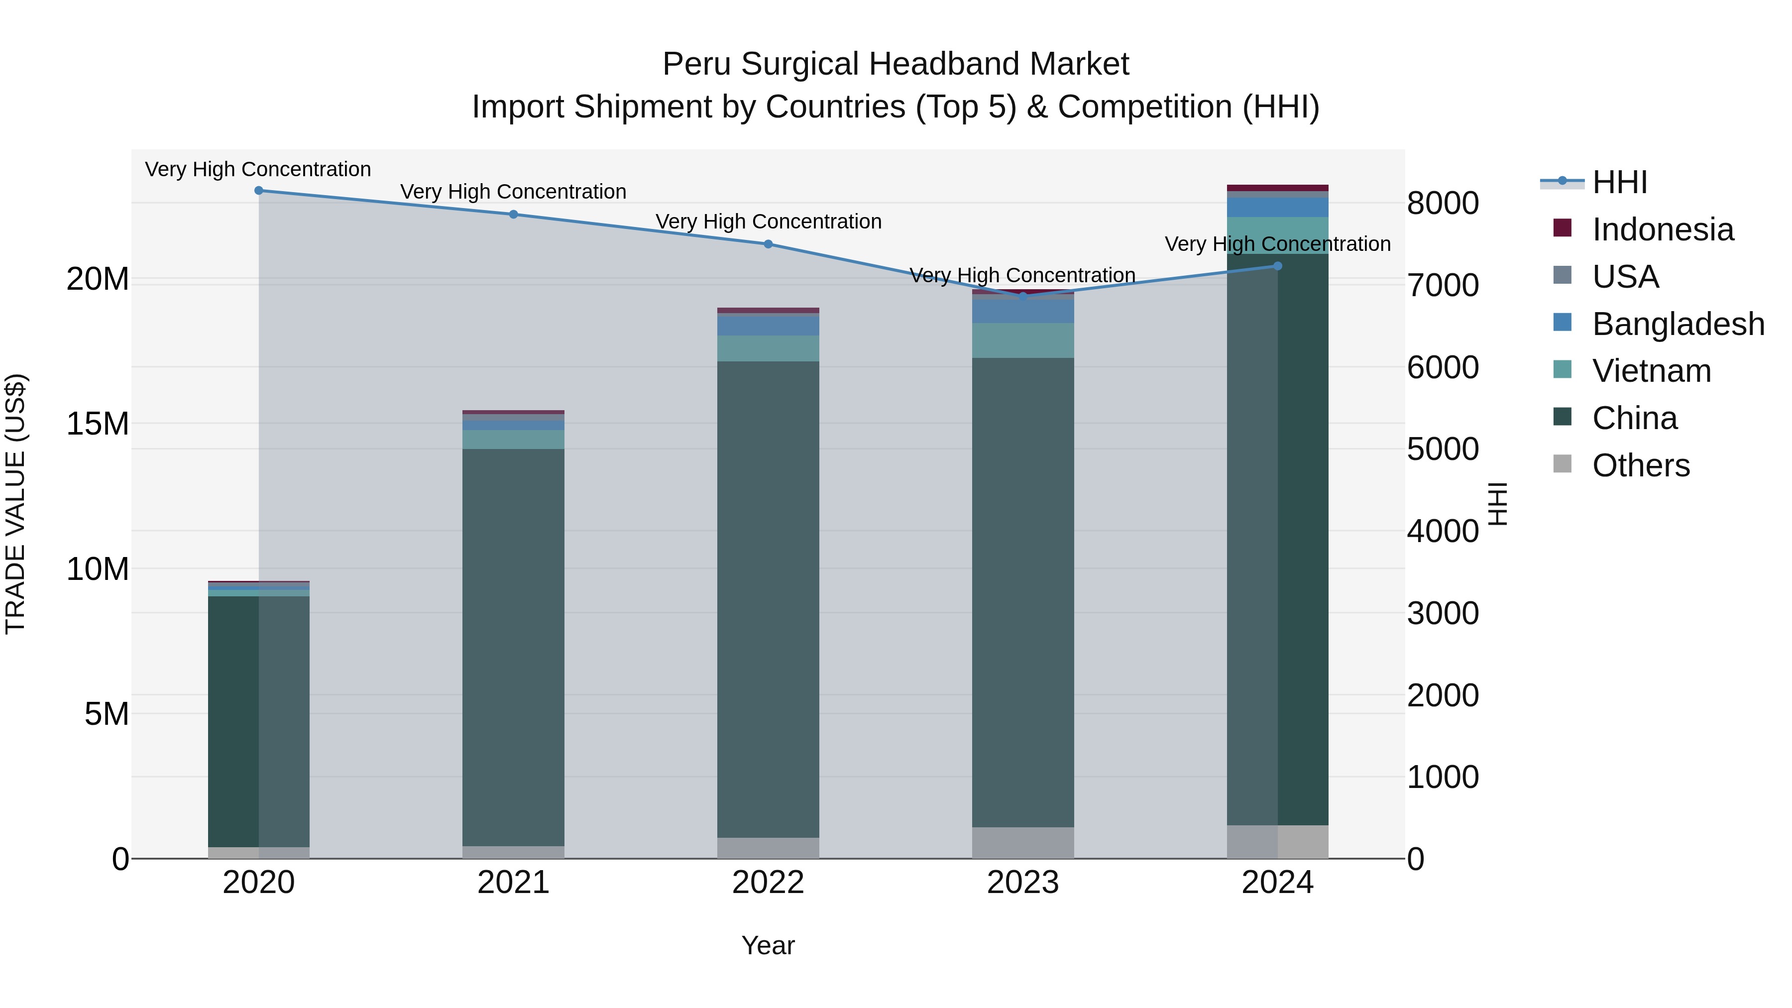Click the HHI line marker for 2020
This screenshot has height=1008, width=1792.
click(259, 191)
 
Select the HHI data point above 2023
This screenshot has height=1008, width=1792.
click(1022, 296)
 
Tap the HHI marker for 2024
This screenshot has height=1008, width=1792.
click(1277, 266)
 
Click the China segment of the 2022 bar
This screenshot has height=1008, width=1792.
click(768, 598)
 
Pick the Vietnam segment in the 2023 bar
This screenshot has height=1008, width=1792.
click(1022, 340)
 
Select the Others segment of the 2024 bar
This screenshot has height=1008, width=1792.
click(1277, 842)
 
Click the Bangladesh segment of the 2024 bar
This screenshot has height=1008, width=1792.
click(1277, 207)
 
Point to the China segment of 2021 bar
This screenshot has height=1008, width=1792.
click(513, 647)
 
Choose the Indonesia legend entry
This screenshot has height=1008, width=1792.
click(1663, 229)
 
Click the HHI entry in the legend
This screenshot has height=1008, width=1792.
click(1619, 182)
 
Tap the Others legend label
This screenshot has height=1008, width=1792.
click(1640, 465)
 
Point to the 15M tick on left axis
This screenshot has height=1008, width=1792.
click(98, 424)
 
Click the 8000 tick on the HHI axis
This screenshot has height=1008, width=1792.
click(1443, 204)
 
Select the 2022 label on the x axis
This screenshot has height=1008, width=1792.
click(768, 883)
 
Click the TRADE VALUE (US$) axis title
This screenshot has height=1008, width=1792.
click(15, 504)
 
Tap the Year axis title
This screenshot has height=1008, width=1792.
click(768, 945)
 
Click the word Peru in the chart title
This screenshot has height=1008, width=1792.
click(696, 64)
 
